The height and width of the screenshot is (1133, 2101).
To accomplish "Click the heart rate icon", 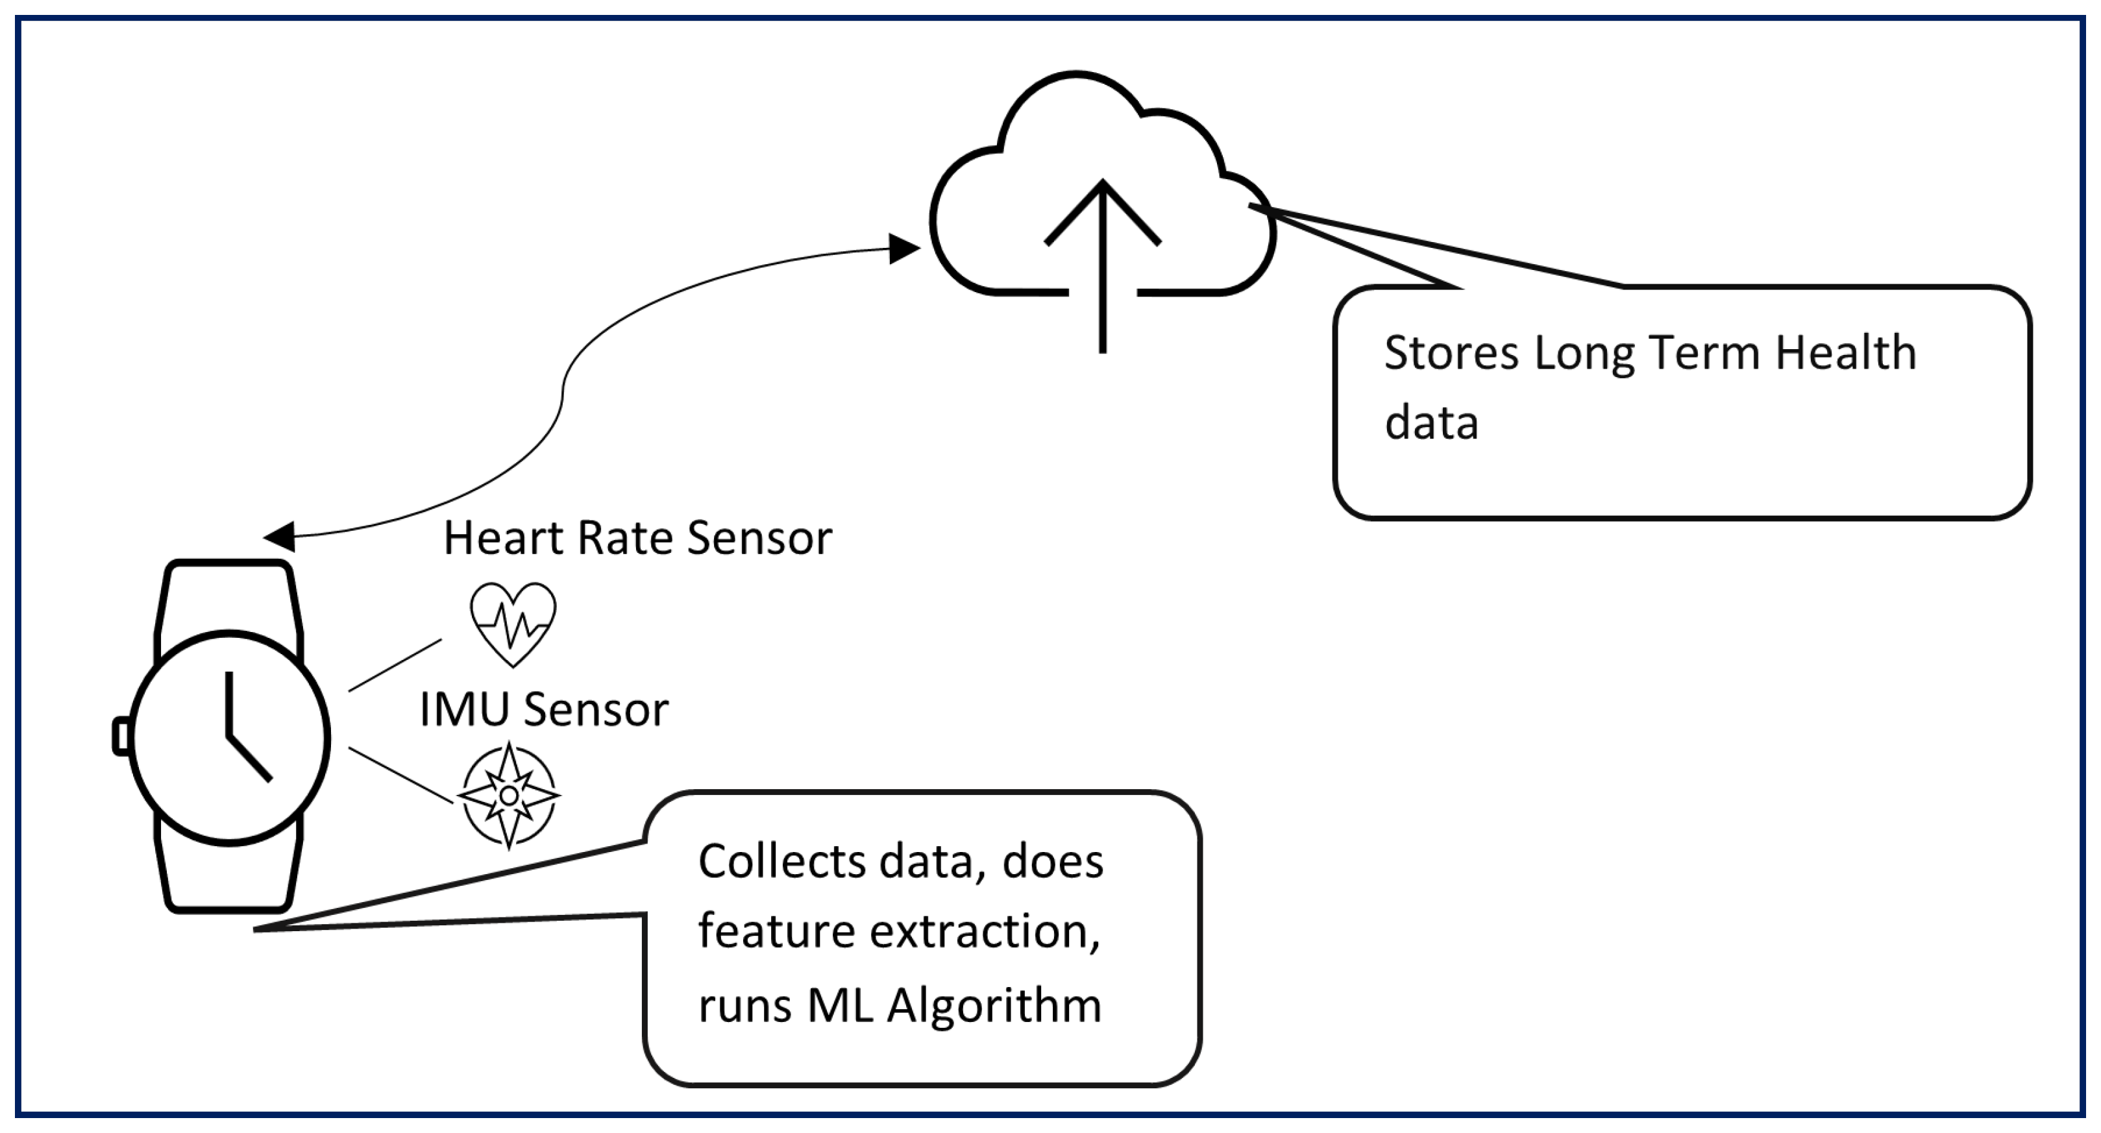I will pos(513,623).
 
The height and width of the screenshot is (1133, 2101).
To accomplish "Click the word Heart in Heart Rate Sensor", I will pos(506,539).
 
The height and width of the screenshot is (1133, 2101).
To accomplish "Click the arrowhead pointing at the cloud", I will pos(903,249).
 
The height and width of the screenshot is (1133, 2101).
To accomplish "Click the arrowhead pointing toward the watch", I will pos(280,537).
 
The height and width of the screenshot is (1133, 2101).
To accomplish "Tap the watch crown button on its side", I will pos(121,737).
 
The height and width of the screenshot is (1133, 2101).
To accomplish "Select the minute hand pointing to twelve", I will pos(229,703).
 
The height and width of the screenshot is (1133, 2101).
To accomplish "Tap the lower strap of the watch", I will pos(229,877).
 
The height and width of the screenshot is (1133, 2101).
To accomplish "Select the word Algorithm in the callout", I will pos(994,1005).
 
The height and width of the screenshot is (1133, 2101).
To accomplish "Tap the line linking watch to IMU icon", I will pos(400,775).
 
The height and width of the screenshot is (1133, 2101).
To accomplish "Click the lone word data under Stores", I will pos(1431,423).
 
